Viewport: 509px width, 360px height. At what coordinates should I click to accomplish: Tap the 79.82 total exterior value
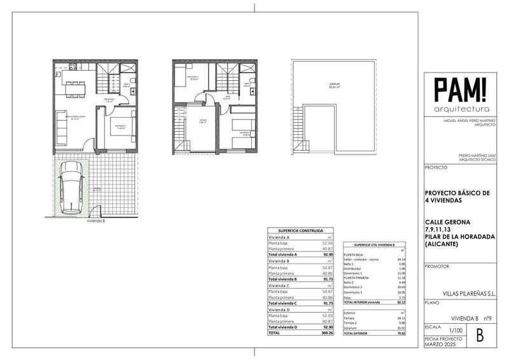click(401, 333)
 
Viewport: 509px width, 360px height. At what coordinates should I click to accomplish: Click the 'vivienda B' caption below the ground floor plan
click(96, 221)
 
